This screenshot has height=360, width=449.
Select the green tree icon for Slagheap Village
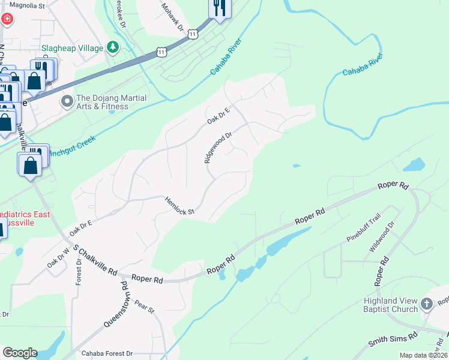[112, 47]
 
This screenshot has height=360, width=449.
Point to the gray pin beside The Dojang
[67, 103]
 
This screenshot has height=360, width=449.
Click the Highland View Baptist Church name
[390, 305]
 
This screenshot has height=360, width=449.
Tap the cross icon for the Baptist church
[427, 304]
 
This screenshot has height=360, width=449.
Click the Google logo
[20, 353]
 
